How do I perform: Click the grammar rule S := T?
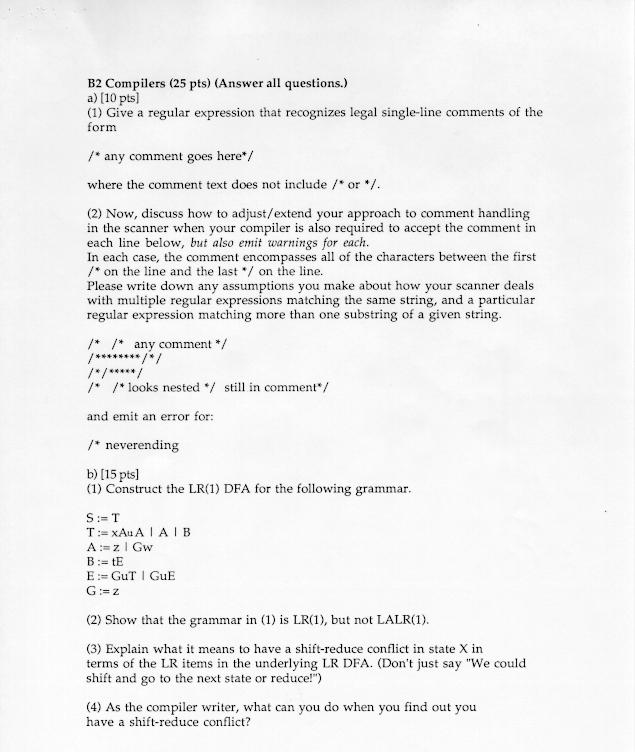click(x=103, y=517)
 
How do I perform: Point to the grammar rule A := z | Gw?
click(x=120, y=547)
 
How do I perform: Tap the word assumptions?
click(x=220, y=285)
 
